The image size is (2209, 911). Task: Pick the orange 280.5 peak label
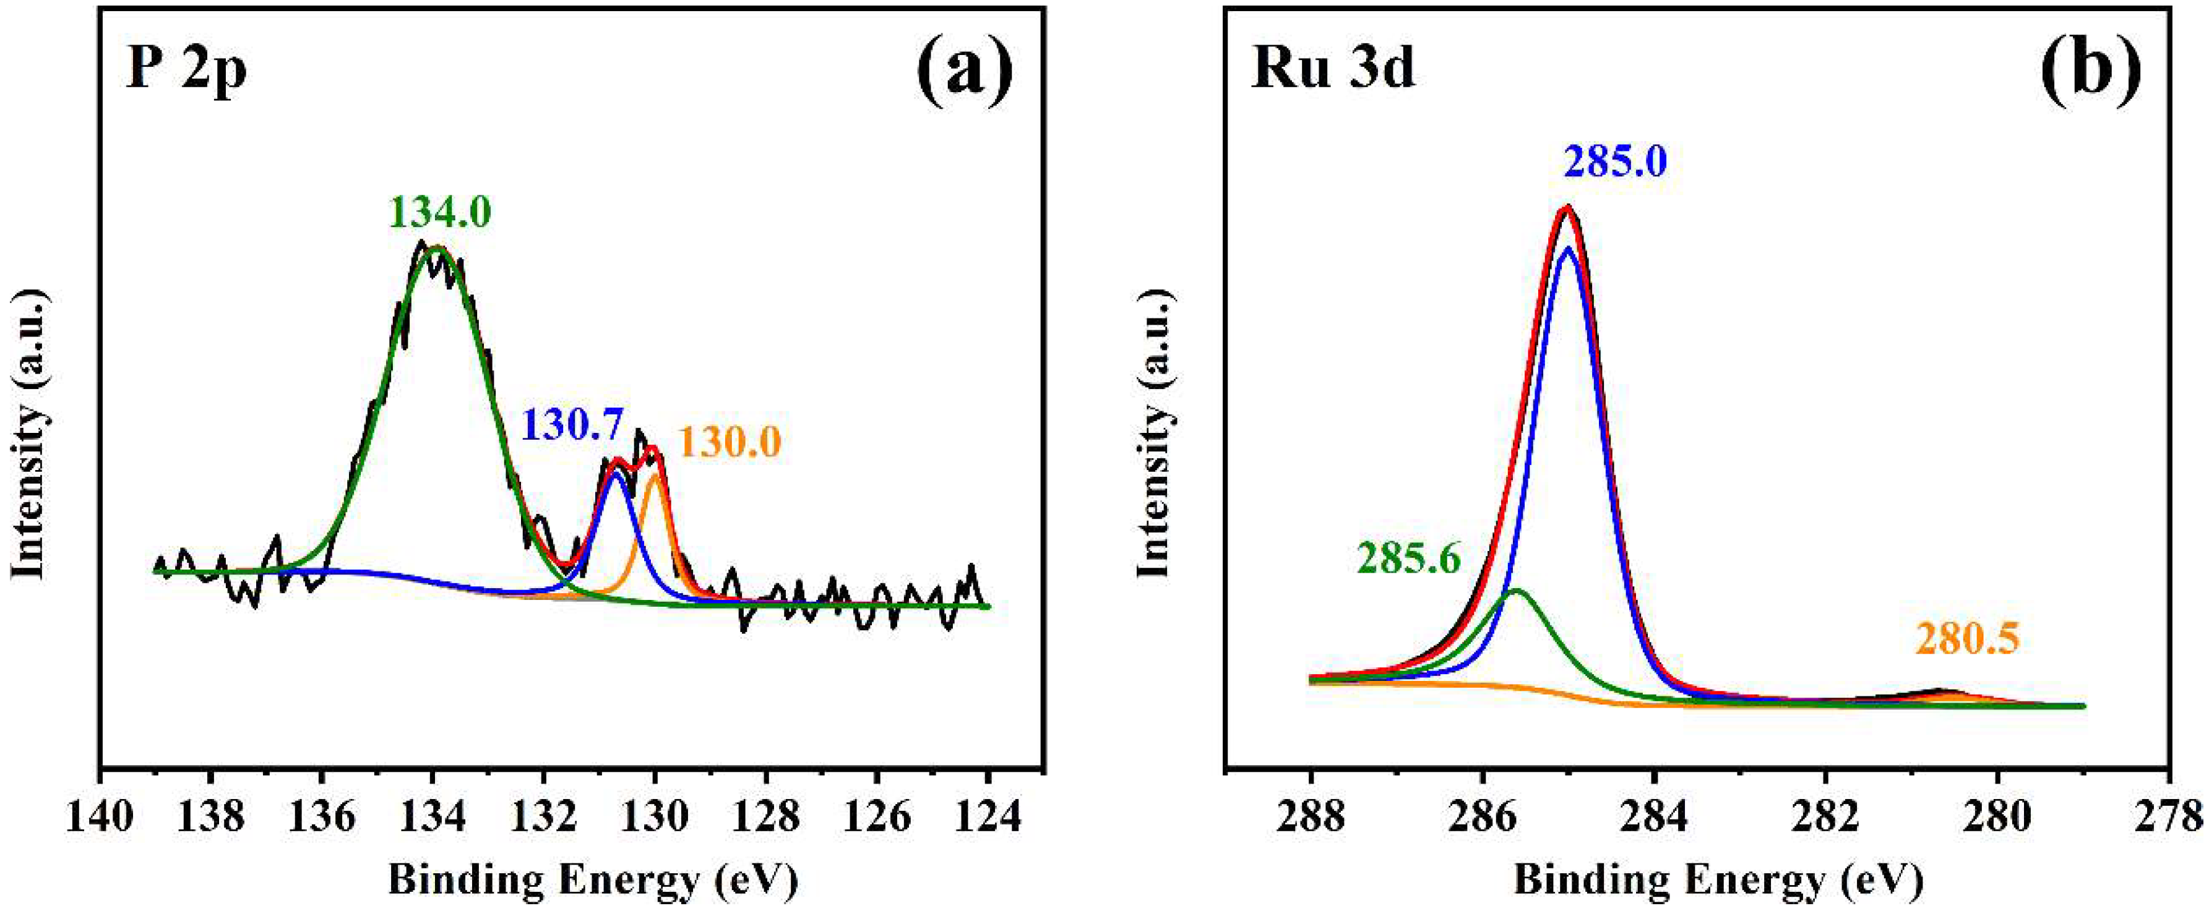[x=1967, y=638]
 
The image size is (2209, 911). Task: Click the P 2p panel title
[x=187, y=69]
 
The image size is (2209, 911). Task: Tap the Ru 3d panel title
[x=1333, y=69]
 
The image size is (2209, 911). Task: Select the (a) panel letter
[x=964, y=71]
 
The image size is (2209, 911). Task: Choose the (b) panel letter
[x=2093, y=71]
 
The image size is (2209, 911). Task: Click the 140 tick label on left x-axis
[x=100, y=817]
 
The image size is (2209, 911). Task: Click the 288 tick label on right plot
[x=1311, y=817]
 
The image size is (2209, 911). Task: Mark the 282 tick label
[x=1826, y=817]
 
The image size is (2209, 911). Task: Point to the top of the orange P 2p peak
[x=656, y=474]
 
